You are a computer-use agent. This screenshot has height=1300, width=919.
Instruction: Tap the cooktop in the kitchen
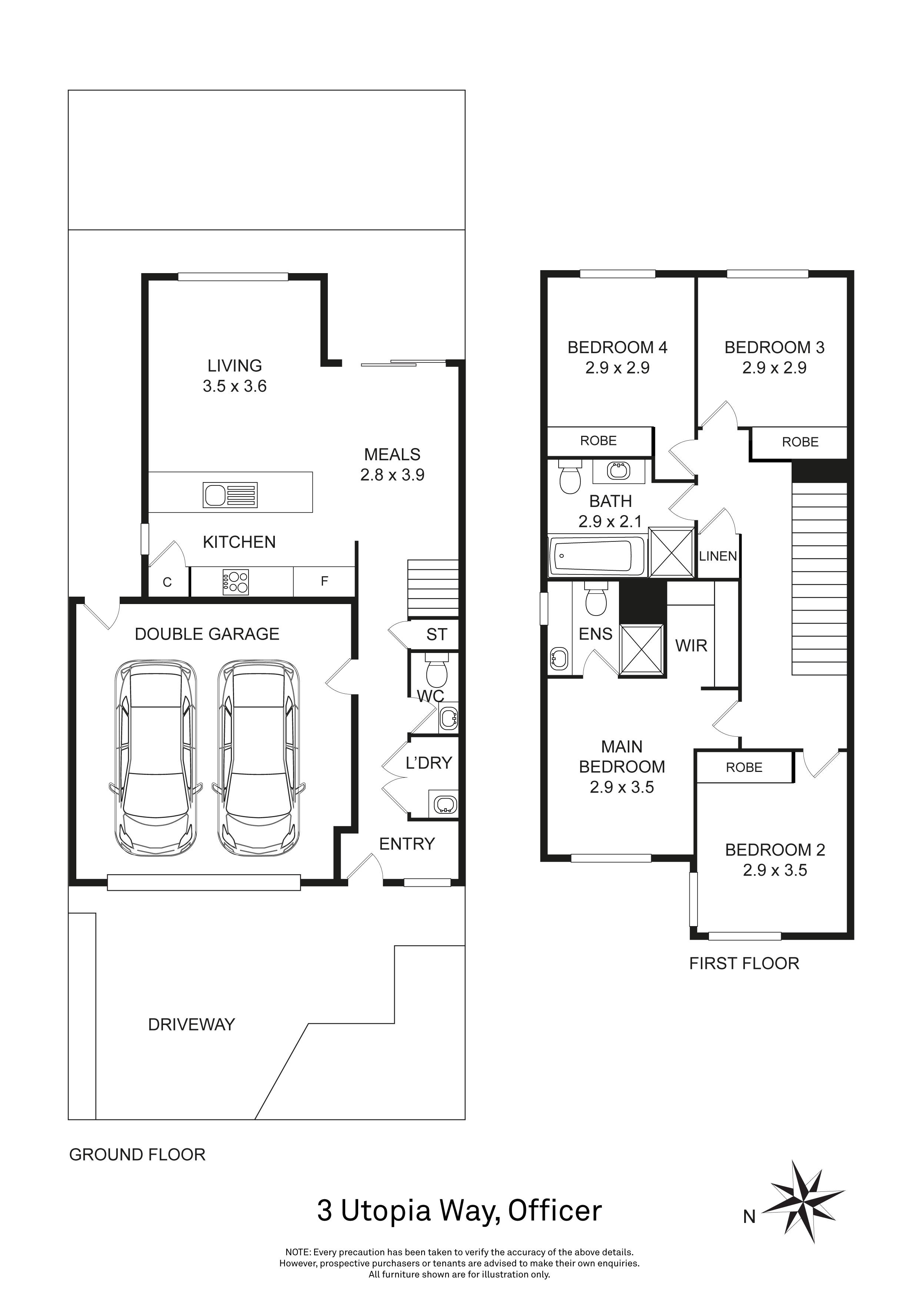pyautogui.click(x=236, y=582)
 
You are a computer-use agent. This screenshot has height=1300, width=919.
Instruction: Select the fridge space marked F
pyautogui.click(x=324, y=581)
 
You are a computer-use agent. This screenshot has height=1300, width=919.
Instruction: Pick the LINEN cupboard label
pyautogui.click(x=717, y=556)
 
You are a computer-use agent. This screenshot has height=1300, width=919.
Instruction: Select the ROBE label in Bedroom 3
pyautogui.click(x=800, y=442)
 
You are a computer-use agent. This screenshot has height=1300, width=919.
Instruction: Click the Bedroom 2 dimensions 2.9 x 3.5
pyautogui.click(x=775, y=870)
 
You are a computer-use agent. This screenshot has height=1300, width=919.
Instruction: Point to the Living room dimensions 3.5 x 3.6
pyautogui.click(x=234, y=386)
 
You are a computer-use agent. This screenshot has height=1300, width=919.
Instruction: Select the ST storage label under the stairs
pyautogui.click(x=436, y=635)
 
